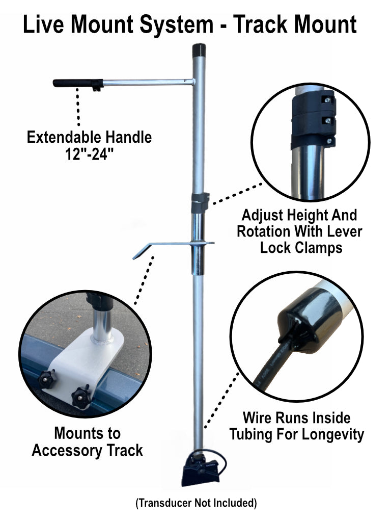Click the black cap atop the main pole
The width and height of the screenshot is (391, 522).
click(199, 50)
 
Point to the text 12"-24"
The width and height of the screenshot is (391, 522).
click(89, 153)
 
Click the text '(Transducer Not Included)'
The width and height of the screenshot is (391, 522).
click(195, 503)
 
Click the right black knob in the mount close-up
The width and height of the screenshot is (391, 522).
click(81, 396)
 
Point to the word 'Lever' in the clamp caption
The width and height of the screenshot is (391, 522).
click(346, 231)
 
